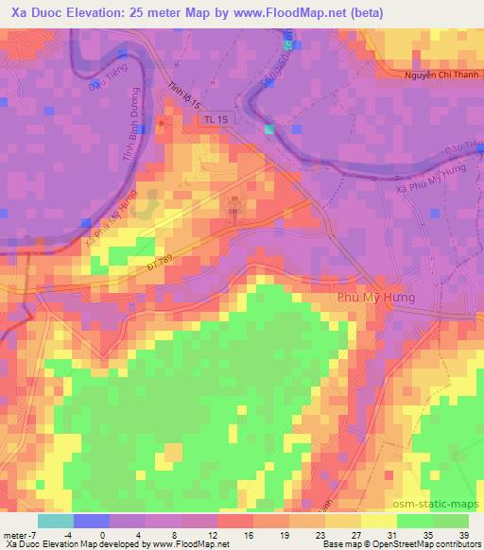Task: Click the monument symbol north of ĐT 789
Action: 234,201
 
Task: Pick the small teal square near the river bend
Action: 269,129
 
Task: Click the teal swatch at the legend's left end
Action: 56,520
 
